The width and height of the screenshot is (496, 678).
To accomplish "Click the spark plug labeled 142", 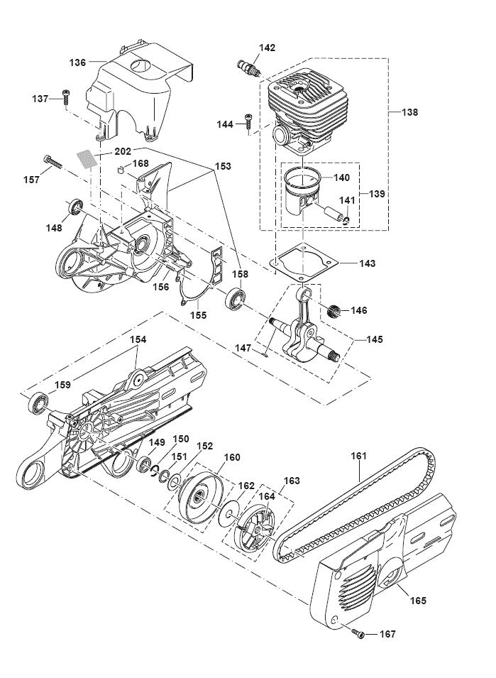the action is (x=249, y=68).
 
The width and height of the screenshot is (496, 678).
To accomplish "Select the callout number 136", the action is (x=78, y=62).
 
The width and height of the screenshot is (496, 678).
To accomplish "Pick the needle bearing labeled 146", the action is (x=334, y=311).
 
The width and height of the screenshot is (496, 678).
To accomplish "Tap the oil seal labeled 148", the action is (x=76, y=207).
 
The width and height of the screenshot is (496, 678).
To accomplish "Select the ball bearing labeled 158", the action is (x=236, y=298).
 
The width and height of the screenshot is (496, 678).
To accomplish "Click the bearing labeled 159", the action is (x=38, y=403).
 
